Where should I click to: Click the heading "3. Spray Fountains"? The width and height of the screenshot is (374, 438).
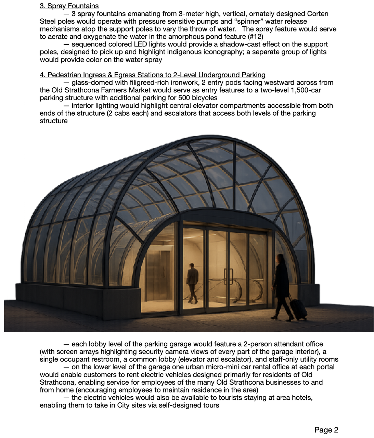69,6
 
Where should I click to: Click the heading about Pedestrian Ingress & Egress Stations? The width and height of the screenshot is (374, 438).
152,75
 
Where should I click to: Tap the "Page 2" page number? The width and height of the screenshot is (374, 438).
326,430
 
